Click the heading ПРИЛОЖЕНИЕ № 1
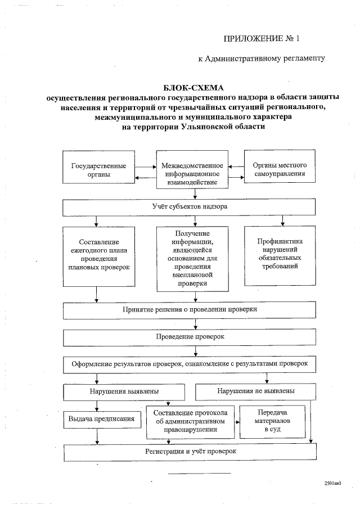262,39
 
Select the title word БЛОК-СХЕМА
193,88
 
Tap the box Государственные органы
98,170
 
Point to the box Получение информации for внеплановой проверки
192,258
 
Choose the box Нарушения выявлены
124,391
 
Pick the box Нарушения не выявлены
256,391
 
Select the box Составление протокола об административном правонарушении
189,422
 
